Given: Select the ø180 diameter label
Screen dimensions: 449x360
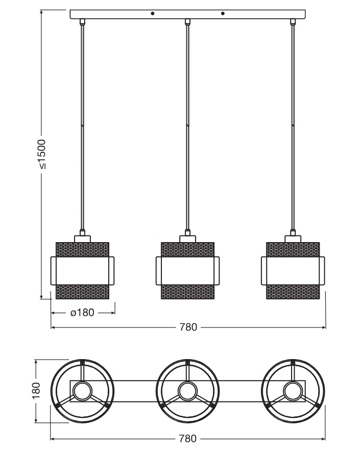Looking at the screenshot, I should click(82, 313).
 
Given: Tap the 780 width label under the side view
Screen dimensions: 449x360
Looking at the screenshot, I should click(188, 327).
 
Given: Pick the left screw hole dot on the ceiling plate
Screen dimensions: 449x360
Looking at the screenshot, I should click(153, 13).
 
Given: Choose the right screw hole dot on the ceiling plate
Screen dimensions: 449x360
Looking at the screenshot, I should click(223, 13).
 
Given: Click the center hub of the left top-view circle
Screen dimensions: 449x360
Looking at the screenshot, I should click(81, 392).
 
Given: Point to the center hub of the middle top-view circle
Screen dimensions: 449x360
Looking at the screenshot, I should click(187, 392).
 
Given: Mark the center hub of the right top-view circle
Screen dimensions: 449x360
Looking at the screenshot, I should click(293, 392).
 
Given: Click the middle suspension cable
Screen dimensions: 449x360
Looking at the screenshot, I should click(188, 128).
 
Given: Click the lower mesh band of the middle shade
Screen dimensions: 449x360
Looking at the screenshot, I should click(188, 292).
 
